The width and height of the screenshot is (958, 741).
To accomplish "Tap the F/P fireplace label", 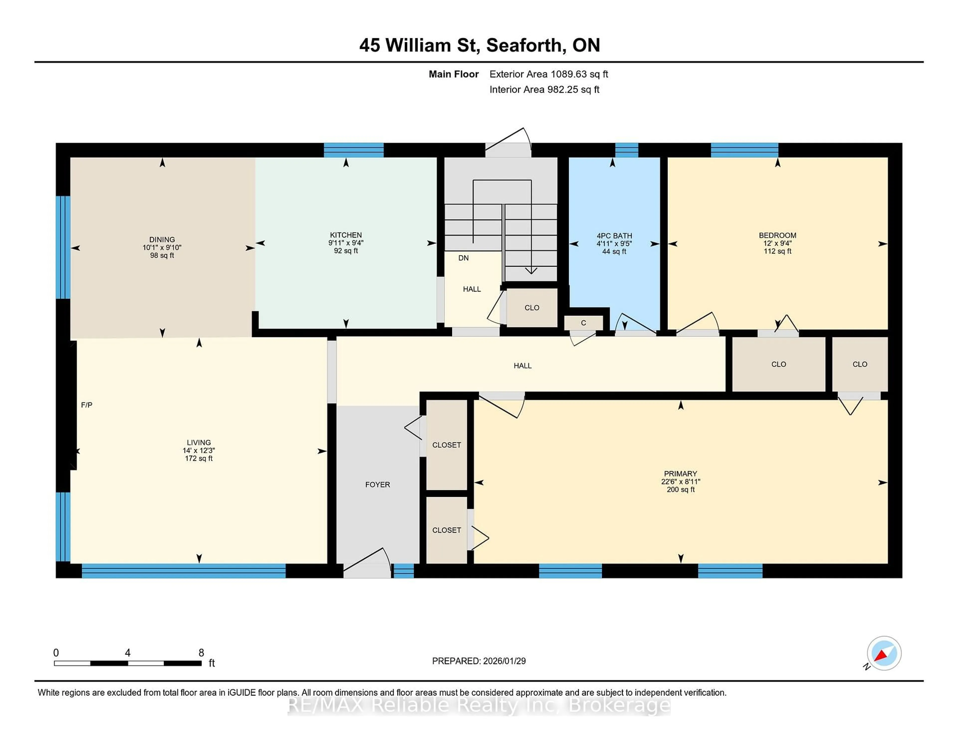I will tap(86, 405).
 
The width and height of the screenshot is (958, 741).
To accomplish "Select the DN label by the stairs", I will tap(463, 258).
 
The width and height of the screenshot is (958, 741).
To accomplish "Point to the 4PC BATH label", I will tap(614, 236).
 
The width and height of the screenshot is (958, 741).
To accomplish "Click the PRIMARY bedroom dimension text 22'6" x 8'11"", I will tap(680, 482).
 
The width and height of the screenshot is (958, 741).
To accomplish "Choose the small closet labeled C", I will tap(583, 323).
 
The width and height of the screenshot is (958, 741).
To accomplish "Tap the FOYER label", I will tap(377, 485).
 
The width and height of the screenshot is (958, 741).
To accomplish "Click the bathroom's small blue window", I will tap(626, 150).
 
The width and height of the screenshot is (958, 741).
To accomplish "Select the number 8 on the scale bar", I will tap(201, 653).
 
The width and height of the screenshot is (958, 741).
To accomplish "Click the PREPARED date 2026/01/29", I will tap(504, 661).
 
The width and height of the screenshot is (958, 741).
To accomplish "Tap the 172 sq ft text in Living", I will tap(199, 458).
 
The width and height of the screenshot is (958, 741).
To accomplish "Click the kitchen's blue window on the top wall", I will tap(354, 150).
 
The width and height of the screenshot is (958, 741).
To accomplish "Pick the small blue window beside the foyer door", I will tap(403, 571).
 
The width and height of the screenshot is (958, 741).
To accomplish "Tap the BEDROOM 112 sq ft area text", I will tap(777, 251).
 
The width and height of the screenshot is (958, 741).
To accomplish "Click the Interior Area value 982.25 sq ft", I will tap(573, 90).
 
